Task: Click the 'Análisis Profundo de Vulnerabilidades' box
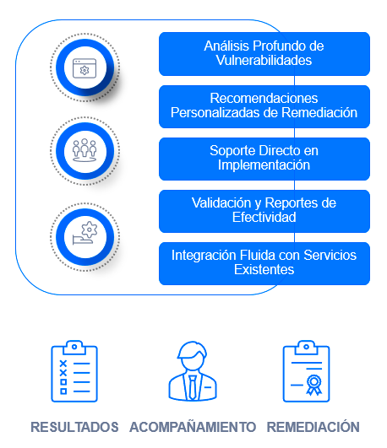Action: (x=264, y=54)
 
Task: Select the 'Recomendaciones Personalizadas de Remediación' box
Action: (x=264, y=106)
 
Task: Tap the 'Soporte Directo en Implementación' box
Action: (x=264, y=159)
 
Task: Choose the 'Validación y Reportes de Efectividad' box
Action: (x=264, y=211)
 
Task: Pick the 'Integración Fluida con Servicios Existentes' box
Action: (x=264, y=263)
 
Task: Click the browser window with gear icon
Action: (x=84, y=68)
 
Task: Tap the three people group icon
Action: (x=84, y=150)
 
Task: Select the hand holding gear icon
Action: (x=84, y=233)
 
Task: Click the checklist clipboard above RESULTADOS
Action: (x=74, y=371)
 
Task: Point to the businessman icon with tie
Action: (x=193, y=371)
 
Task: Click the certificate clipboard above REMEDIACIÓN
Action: (x=306, y=371)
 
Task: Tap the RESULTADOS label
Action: (x=74, y=427)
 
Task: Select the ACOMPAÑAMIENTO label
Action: (x=193, y=426)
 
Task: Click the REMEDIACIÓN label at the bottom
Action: (x=313, y=427)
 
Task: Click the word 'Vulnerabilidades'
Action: (x=264, y=60)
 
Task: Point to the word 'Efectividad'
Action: (x=264, y=217)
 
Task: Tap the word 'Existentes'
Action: (x=264, y=269)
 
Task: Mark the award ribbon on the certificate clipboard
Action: (x=314, y=385)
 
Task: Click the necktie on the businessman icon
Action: (x=193, y=387)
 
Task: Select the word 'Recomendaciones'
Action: (x=264, y=98)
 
